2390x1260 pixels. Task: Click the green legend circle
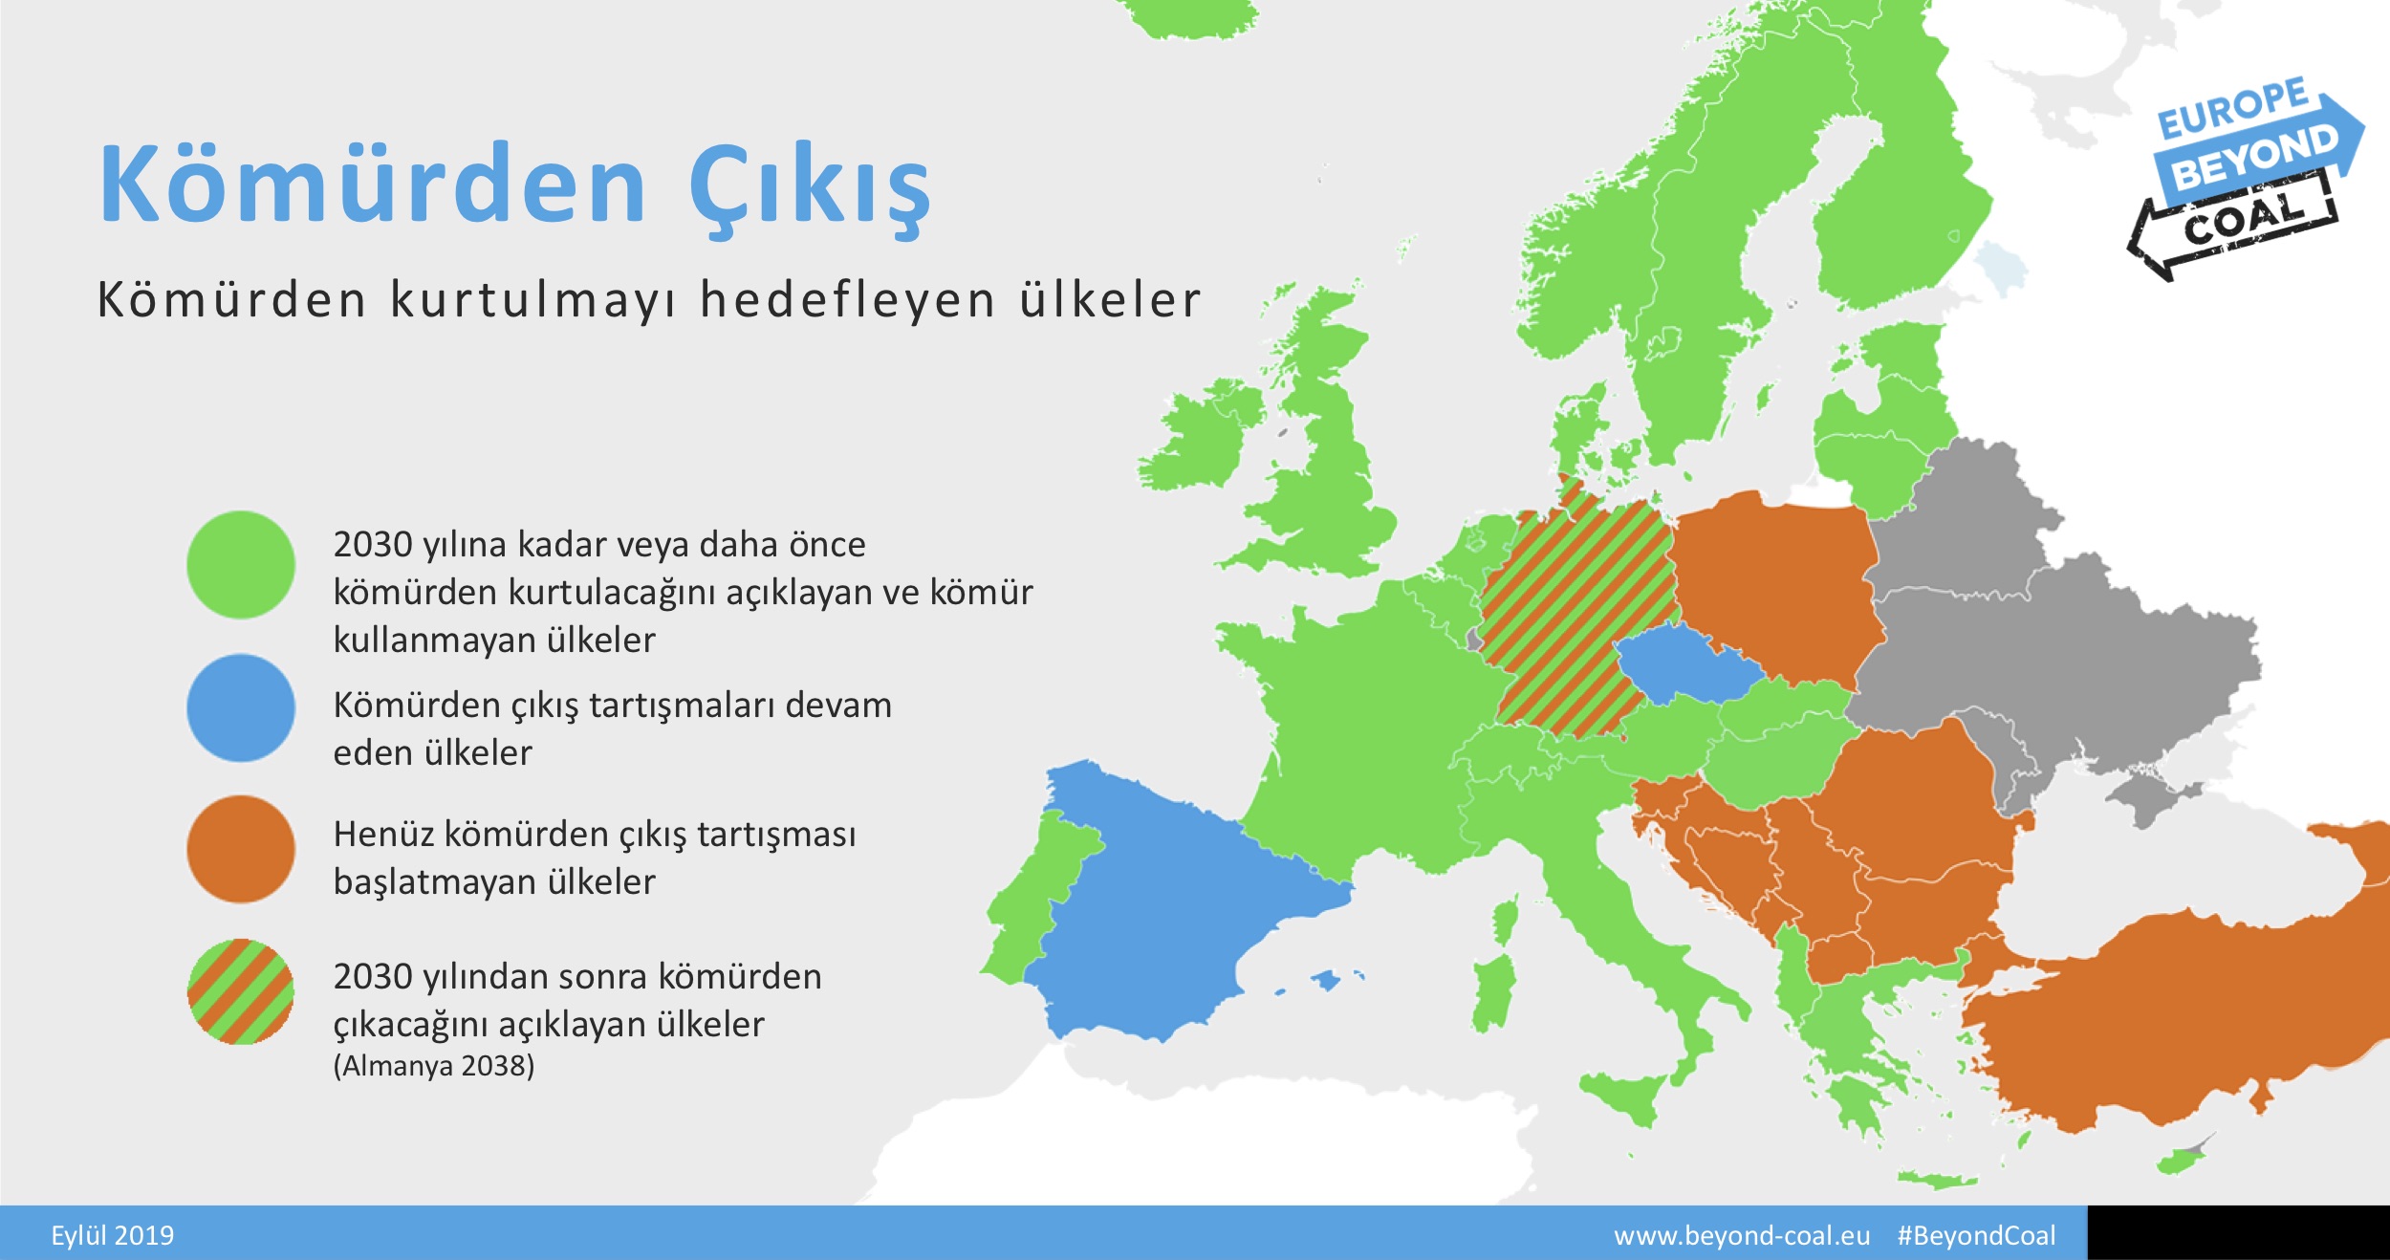click(241, 565)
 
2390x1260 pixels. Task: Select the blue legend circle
click(241, 707)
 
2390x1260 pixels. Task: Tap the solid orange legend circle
click(241, 849)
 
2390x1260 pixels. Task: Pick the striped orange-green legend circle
click(241, 991)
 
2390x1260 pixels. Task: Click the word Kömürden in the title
click(373, 184)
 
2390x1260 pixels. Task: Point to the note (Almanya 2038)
click(434, 1066)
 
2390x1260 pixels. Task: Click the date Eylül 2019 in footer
click(113, 1235)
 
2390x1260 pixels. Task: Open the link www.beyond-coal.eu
click(1742, 1235)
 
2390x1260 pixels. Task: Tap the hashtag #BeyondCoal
click(1976, 1235)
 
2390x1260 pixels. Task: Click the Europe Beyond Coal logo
click(2247, 177)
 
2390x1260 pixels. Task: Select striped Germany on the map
click(1577, 621)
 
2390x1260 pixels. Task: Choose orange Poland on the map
click(1773, 583)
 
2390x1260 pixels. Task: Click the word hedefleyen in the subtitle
click(848, 300)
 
